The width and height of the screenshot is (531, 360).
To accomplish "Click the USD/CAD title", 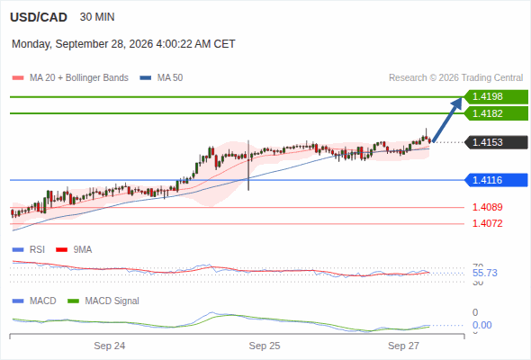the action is click(39, 17).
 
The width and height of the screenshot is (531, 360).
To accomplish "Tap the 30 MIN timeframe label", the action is click(97, 17).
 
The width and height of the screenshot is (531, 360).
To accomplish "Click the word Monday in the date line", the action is click(31, 44).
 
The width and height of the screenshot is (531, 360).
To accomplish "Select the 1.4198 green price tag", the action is click(496, 96).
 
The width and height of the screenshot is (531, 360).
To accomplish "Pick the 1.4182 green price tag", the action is click(496, 113).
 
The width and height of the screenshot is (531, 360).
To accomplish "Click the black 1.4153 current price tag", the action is click(496, 142).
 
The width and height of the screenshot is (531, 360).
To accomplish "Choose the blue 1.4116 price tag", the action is click(496, 180).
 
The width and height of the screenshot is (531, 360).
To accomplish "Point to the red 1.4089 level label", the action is click(487, 207).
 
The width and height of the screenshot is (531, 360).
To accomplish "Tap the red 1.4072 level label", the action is click(487, 223).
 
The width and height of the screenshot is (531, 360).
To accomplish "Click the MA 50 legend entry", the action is click(161, 78).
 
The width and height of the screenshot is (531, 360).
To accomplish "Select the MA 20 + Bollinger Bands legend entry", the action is click(70, 78).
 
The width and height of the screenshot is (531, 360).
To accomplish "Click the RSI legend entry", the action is click(29, 249).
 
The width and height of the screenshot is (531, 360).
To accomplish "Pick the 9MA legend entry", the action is click(74, 249).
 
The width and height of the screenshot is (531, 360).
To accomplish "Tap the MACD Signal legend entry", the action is click(103, 301).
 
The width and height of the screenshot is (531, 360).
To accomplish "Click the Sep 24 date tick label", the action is click(110, 346).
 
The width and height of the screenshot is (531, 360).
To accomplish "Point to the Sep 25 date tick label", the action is click(265, 346).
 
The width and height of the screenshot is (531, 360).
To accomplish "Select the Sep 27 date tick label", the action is click(403, 346).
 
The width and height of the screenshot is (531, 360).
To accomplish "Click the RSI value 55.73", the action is click(485, 273).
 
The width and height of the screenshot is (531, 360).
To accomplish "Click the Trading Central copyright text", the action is click(455, 78).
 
